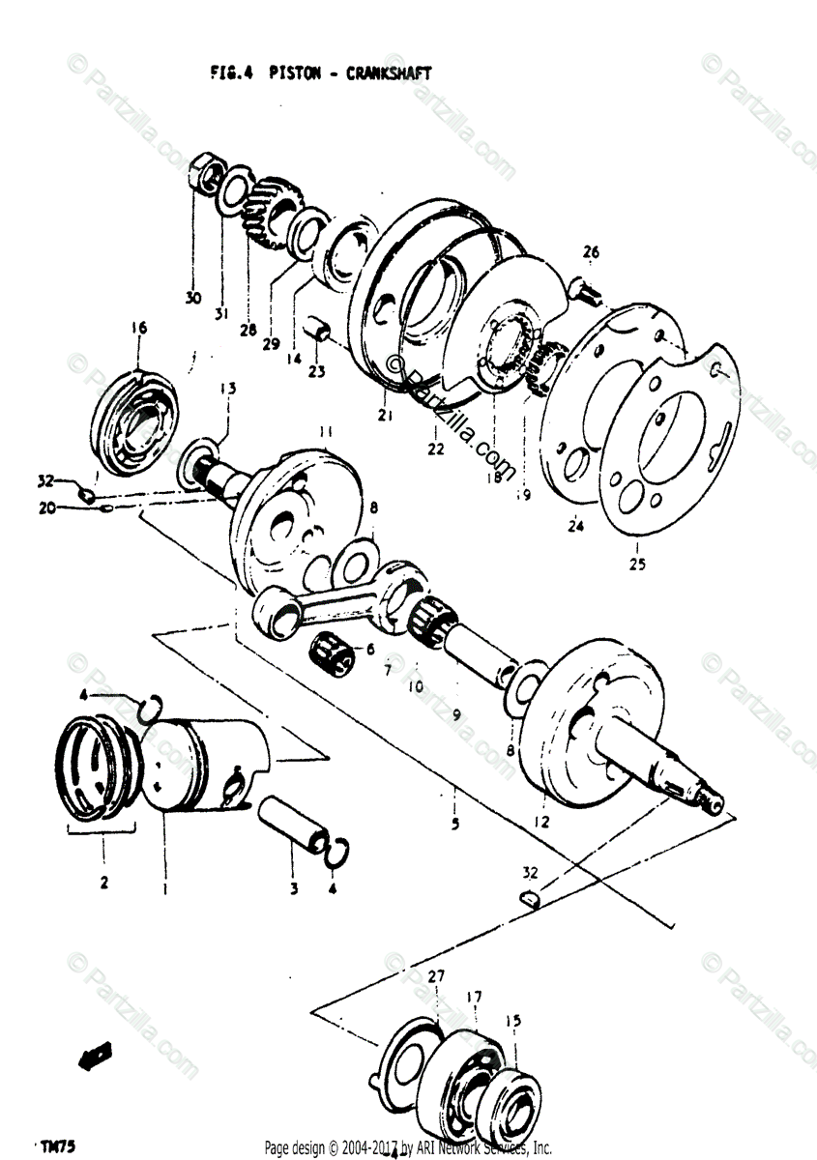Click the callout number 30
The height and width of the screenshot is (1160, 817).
[193, 298]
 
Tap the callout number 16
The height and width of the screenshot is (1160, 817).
[138, 329]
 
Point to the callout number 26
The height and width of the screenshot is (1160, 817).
[591, 253]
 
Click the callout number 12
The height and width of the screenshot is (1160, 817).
[540, 822]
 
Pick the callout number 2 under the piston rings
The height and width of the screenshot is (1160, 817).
[103, 882]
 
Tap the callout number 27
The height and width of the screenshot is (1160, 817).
[436, 977]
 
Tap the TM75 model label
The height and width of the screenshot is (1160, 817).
[59, 1146]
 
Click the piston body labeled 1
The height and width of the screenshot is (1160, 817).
[203, 764]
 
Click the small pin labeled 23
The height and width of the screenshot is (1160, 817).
[317, 332]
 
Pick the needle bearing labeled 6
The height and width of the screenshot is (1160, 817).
[334, 652]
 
